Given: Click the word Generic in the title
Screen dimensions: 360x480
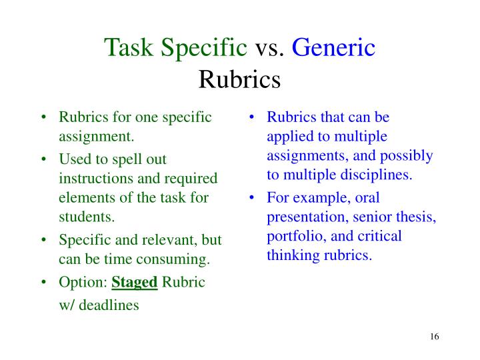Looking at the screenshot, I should pos(334,48).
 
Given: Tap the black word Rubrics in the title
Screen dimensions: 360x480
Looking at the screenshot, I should pos(239,79).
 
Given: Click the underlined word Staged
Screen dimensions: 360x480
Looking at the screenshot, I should pos(134,282).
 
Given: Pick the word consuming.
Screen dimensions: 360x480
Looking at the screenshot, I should pos(177,258).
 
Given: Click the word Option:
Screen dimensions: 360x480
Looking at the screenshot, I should pos(83,282).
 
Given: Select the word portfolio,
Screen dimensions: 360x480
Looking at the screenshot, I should pos(293,236).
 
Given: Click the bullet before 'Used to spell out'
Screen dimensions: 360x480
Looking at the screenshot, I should pos(43,160).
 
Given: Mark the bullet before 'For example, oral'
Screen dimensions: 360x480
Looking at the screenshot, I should pos(253,198).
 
